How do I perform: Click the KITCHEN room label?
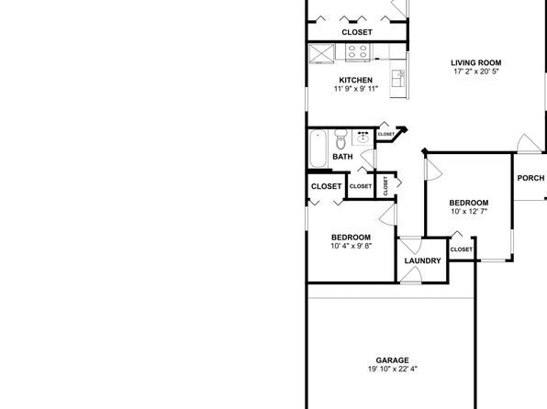click(356, 80)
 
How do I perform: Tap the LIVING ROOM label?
click(476, 63)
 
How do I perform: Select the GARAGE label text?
click(393, 360)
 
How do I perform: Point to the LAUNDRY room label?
click(422, 260)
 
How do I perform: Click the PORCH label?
click(530, 178)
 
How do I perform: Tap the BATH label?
click(342, 157)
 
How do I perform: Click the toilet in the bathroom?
click(340, 138)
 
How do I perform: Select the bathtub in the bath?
click(318, 149)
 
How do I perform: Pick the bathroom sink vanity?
click(363, 138)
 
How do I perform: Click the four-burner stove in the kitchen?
click(358, 51)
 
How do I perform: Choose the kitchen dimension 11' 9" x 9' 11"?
click(356, 89)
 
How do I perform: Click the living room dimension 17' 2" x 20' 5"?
click(476, 72)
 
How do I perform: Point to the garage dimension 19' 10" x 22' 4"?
click(393, 369)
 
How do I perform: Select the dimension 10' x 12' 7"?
click(469, 211)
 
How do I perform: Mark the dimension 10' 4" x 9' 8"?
click(351, 246)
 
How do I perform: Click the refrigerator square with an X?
click(321, 54)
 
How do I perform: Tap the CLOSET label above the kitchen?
click(357, 32)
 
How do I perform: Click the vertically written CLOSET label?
click(385, 186)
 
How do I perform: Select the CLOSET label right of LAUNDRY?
click(461, 249)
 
